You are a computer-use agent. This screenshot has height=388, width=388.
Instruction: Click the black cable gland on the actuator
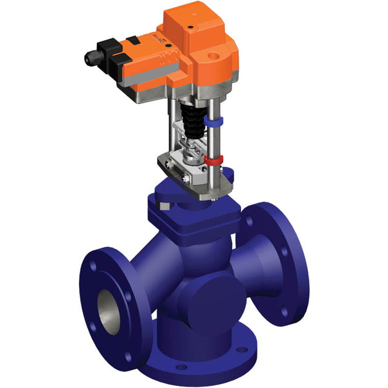[90, 58]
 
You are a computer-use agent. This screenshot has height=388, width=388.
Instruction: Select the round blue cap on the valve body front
[213, 301]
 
